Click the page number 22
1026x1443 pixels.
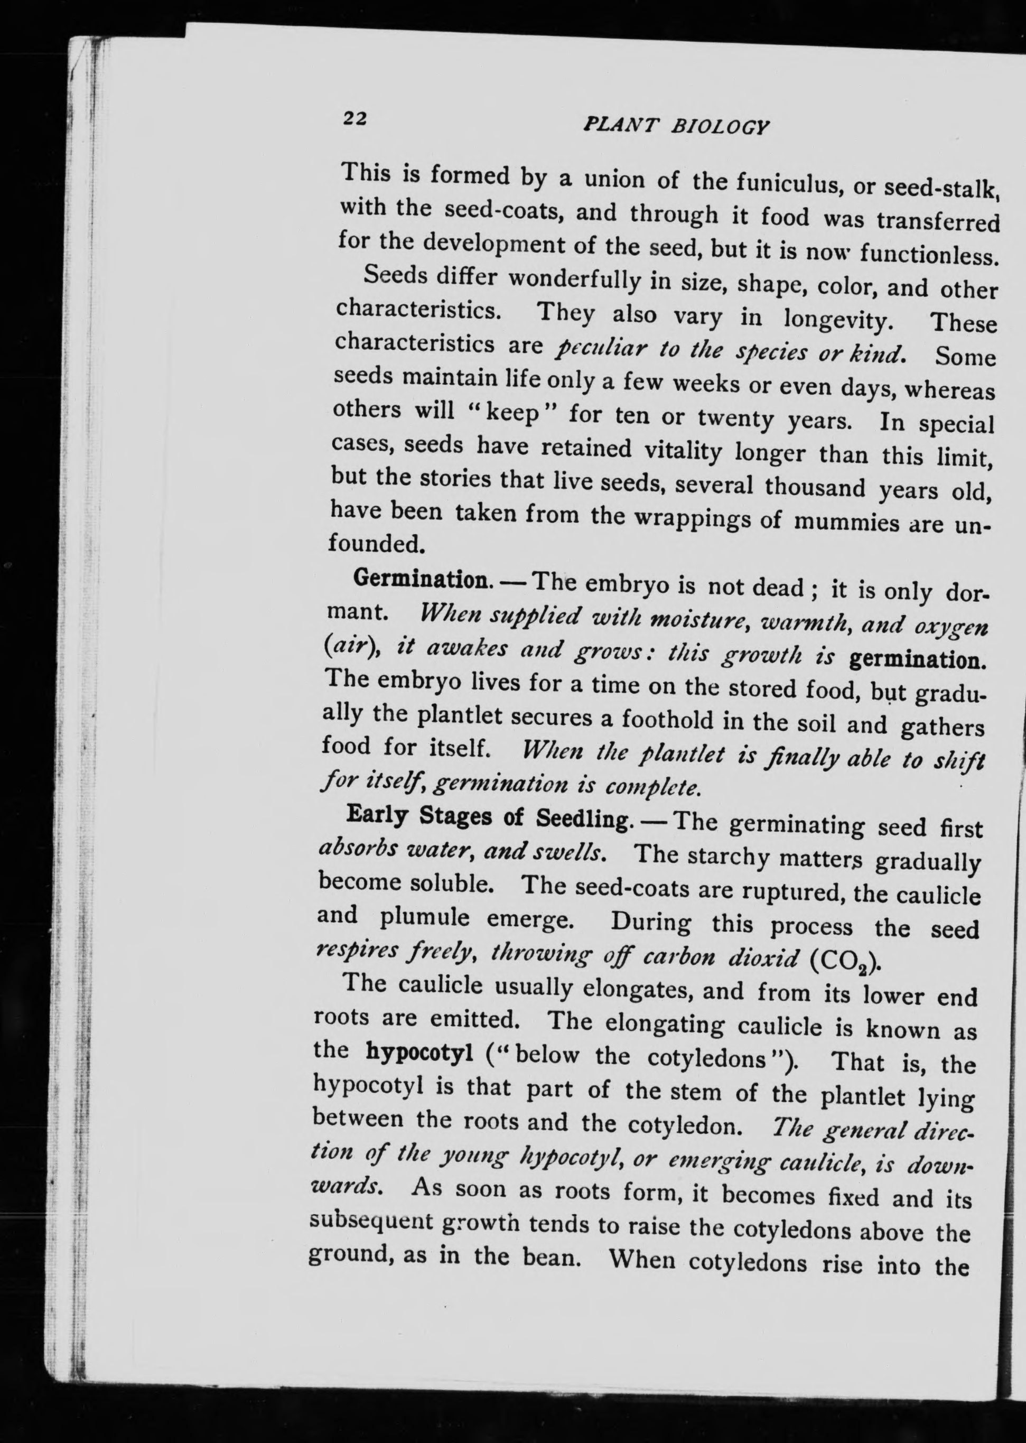pos(355,118)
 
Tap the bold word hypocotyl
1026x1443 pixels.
pos(419,1052)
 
